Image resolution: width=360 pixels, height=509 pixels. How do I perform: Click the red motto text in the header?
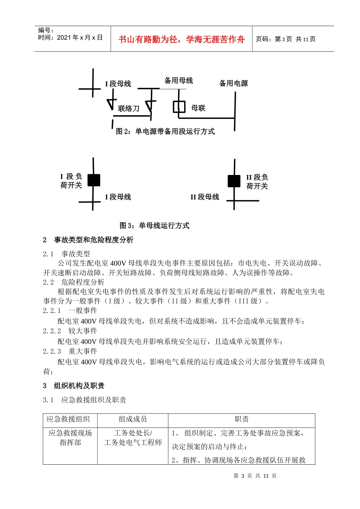[x=182, y=39]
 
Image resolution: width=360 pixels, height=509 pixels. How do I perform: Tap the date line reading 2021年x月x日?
[x=70, y=37]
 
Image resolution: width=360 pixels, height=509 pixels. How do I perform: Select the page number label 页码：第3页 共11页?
[x=286, y=39]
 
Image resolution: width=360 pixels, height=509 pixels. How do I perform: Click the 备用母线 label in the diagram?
[x=178, y=81]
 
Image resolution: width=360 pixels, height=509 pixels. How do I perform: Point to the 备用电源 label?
[x=233, y=83]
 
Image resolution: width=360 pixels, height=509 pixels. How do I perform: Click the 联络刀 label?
[x=128, y=109]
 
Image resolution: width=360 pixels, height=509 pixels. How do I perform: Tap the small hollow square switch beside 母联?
[x=179, y=107]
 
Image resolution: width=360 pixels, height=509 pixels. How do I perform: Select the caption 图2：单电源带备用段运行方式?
[x=165, y=131]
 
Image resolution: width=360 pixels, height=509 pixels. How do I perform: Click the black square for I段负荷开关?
[x=94, y=180]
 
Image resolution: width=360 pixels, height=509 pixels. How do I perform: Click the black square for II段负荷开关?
[x=234, y=181]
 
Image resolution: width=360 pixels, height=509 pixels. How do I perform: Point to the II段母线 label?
[x=205, y=197]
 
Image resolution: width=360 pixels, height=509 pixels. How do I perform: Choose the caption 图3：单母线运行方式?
[x=154, y=226]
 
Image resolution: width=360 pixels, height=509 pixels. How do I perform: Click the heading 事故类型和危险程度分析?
[x=94, y=240]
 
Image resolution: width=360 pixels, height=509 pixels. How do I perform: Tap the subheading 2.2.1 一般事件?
[x=70, y=311]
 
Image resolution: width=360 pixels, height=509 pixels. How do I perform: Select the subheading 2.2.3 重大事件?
[x=70, y=351]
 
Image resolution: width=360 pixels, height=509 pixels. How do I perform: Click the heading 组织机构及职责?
[x=79, y=386]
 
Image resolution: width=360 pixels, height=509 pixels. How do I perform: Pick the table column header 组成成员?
[x=133, y=419]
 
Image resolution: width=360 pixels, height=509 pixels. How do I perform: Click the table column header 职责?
[x=241, y=419]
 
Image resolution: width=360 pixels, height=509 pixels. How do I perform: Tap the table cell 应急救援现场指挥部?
[x=70, y=438]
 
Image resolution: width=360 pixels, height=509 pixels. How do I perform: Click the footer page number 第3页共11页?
[x=255, y=476]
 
